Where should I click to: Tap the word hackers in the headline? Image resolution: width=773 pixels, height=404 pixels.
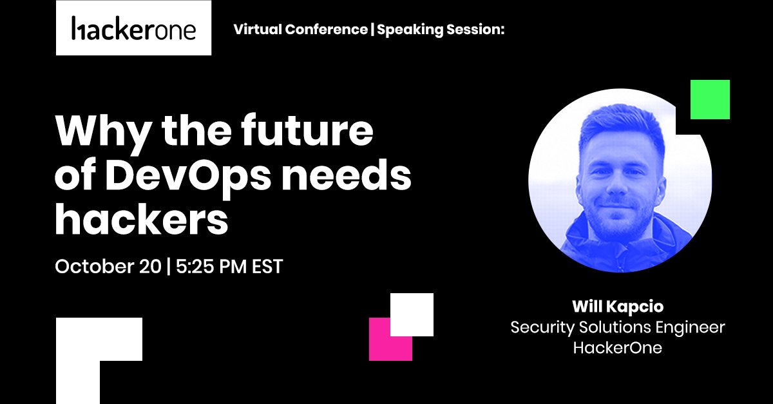[142, 220]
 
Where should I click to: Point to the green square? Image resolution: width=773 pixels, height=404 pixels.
[710, 99]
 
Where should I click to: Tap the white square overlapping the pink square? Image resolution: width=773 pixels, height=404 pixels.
[412, 314]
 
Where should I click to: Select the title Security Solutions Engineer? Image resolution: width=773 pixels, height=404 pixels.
[618, 327]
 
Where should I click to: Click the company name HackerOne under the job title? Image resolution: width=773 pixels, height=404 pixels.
[618, 348]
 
